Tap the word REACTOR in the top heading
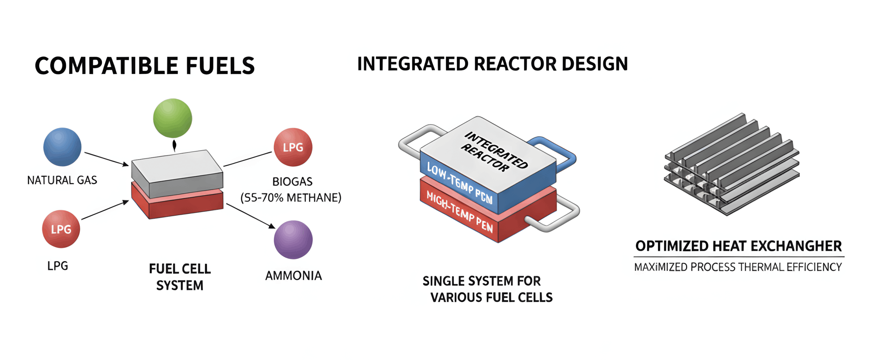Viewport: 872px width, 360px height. point(515,64)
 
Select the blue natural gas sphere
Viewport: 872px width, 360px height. point(62,147)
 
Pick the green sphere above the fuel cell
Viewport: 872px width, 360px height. point(173,118)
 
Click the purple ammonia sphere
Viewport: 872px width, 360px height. point(293,240)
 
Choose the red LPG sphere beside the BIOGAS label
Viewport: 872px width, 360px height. point(293,147)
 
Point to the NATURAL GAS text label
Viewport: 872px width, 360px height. point(62,180)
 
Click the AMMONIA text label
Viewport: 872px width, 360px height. point(293,276)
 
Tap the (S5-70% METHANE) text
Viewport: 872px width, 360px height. point(291,197)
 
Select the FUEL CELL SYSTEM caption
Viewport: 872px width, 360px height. point(180,277)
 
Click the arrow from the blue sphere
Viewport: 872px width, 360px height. point(106,159)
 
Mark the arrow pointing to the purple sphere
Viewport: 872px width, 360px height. point(251,216)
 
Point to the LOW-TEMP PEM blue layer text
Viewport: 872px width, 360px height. point(459,183)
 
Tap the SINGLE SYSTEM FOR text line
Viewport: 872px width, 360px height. point(481,281)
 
